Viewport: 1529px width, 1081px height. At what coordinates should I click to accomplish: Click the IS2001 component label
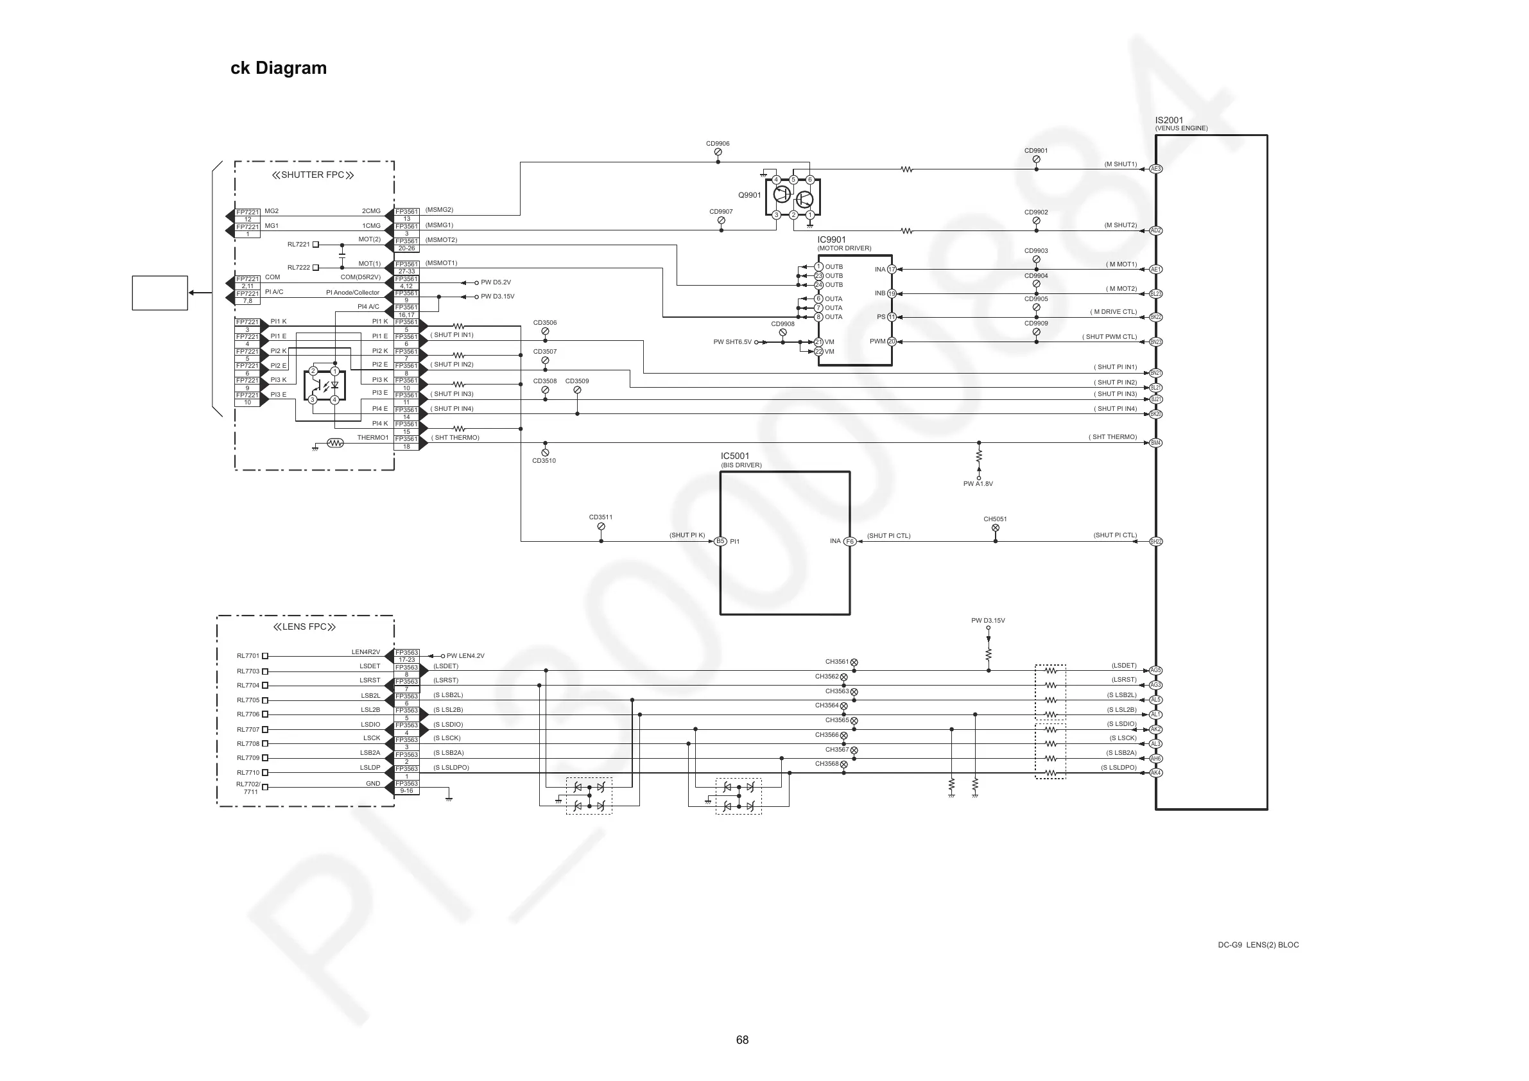(1169, 121)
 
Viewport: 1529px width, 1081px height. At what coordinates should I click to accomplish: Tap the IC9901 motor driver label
(831, 240)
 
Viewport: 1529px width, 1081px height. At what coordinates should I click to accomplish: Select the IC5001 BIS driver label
(734, 456)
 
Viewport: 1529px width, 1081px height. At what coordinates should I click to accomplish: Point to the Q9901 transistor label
(749, 195)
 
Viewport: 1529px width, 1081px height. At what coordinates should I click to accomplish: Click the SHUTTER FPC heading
(313, 175)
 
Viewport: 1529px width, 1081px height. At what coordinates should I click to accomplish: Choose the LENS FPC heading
(304, 627)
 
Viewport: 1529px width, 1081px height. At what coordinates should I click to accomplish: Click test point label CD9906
(717, 143)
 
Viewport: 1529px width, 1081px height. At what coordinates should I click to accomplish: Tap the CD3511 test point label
(601, 517)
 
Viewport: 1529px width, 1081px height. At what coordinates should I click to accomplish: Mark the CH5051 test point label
(995, 519)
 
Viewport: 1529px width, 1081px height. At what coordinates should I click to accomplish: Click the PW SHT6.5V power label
(732, 342)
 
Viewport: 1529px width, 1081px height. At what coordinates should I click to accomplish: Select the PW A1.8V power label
(978, 483)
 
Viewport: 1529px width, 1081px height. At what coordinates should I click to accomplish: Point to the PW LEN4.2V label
(465, 656)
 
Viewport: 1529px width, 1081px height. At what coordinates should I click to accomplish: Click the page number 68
(742, 1040)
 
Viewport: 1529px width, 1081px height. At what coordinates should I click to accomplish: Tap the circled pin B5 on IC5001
(720, 542)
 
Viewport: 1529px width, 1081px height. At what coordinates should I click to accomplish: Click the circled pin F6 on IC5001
(849, 542)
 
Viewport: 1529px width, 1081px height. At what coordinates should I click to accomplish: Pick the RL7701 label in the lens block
(248, 656)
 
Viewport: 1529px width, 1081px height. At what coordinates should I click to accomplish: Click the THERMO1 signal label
(372, 438)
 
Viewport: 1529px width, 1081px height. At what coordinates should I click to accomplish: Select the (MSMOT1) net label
(441, 263)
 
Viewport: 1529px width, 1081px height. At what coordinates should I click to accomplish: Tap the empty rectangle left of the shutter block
(160, 293)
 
